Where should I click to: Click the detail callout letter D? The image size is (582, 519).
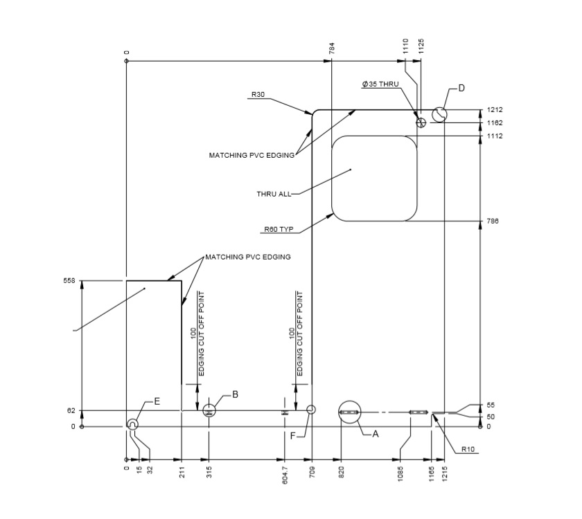(461, 88)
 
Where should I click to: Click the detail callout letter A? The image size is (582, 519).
(376, 435)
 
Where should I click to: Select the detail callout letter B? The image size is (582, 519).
(235, 394)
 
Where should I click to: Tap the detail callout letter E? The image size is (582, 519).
(157, 401)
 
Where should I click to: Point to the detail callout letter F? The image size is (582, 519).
(292, 435)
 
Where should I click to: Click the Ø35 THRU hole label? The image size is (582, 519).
(380, 84)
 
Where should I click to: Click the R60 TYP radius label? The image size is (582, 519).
(277, 228)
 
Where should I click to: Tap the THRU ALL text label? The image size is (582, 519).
(274, 194)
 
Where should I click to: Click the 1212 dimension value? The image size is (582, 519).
(494, 110)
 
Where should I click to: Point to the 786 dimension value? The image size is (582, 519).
(493, 221)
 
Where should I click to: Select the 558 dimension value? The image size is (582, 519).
(68, 281)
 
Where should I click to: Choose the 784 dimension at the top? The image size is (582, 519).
(332, 48)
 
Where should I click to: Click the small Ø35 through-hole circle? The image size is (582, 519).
(421, 122)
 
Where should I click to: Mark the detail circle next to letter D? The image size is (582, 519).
(439, 113)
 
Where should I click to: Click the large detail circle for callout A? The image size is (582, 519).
(349, 412)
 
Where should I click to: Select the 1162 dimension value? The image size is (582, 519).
(494, 123)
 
